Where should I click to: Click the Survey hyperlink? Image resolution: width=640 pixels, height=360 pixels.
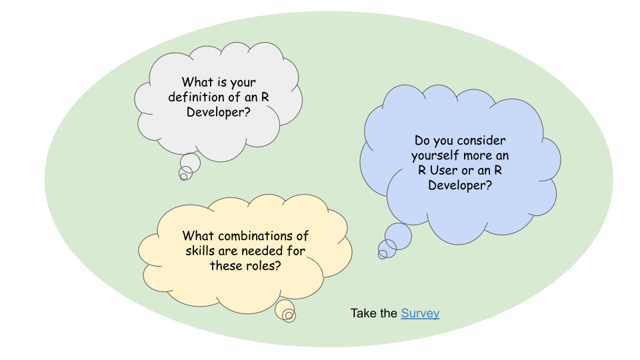click(x=420, y=313)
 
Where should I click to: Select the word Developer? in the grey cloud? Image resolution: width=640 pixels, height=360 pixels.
click(x=219, y=112)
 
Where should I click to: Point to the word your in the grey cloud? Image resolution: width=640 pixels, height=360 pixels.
click(x=243, y=83)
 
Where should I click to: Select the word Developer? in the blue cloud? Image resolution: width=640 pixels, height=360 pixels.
click(x=460, y=185)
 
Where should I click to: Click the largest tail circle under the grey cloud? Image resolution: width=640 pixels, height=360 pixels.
click(x=190, y=163)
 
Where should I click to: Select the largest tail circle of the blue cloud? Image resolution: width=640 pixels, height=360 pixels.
click(x=398, y=236)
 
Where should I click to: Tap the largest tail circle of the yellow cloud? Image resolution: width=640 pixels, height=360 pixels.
click(x=285, y=310)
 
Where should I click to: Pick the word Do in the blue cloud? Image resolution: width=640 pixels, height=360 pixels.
click(x=422, y=141)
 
